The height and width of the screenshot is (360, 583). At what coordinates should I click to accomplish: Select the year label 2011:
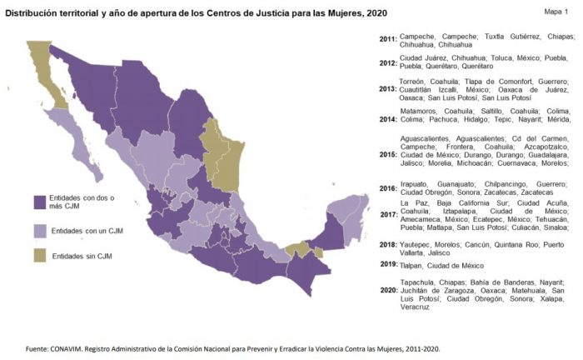pyautogui.click(x=387, y=39)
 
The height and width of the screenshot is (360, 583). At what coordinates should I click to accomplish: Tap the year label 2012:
pyautogui.click(x=387, y=62)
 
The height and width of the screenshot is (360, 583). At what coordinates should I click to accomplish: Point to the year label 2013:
pyautogui.click(x=387, y=89)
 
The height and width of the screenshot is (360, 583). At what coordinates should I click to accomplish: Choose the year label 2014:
pyautogui.click(x=387, y=120)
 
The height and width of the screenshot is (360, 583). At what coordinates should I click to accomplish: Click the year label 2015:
pyautogui.click(x=387, y=154)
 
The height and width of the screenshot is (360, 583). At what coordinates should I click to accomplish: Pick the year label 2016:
pyautogui.click(x=387, y=189)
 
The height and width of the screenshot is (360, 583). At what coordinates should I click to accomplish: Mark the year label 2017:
pyautogui.click(x=387, y=214)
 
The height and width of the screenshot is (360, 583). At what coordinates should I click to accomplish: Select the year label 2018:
pyautogui.click(x=387, y=244)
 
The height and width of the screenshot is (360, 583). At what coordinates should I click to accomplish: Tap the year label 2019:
pyautogui.click(x=387, y=264)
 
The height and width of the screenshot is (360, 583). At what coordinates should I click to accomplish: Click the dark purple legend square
pyautogui.click(x=38, y=202)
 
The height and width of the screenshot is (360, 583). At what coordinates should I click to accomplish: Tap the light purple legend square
pyautogui.click(x=38, y=231)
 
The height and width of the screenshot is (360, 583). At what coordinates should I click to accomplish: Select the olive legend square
pyautogui.click(x=38, y=256)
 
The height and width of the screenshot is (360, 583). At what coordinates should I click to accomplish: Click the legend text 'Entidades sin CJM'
pyautogui.click(x=82, y=257)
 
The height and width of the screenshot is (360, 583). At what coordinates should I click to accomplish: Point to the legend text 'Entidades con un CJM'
pyautogui.click(x=87, y=231)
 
